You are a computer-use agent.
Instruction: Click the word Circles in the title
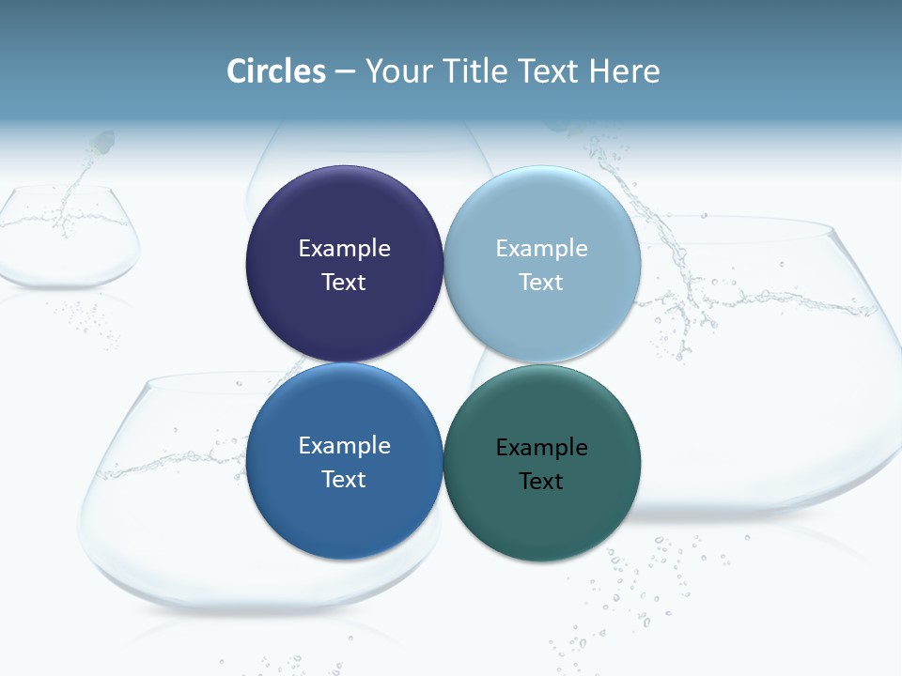click(276, 71)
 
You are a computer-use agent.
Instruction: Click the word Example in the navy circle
click(344, 248)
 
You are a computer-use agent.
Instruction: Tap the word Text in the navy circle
click(344, 282)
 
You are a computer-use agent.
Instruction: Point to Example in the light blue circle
click(542, 248)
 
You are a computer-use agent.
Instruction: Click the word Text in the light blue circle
click(542, 282)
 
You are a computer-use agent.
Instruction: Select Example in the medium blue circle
click(344, 445)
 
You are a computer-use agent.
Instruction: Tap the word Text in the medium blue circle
click(344, 479)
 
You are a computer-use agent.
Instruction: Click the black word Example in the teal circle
click(542, 447)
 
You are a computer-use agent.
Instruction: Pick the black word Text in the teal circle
click(542, 481)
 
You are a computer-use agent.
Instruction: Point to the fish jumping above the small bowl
click(101, 144)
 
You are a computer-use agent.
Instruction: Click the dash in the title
click(345, 72)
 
